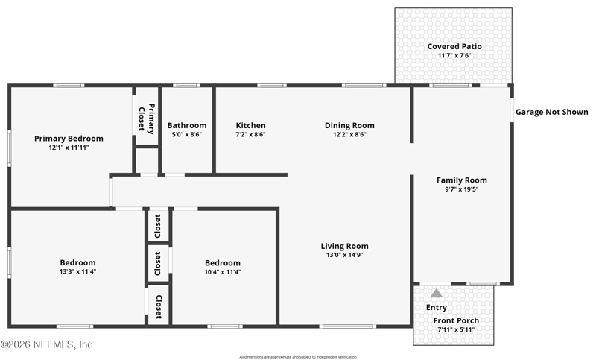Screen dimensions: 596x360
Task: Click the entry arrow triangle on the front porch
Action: click(x=437, y=293)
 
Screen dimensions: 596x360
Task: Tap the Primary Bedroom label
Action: click(x=69, y=139)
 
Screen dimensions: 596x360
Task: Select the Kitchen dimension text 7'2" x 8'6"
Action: click(x=250, y=134)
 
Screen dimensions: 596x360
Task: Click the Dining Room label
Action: click(x=349, y=125)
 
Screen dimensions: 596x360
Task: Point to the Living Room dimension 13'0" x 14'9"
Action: click(x=344, y=255)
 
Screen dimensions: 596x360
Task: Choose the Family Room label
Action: click(x=461, y=180)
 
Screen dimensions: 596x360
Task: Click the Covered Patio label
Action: click(x=454, y=46)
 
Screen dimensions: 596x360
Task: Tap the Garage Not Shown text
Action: click(x=551, y=112)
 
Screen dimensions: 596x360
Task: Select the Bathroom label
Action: click(x=187, y=125)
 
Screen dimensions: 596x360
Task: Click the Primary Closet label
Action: click(x=146, y=119)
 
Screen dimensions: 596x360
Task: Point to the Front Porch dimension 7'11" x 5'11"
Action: click(x=456, y=329)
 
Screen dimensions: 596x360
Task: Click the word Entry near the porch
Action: click(x=437, y=307)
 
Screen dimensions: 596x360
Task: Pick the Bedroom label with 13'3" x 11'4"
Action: click(x=77, y=262)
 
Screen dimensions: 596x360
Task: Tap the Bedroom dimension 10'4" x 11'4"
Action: click(x=222, y=272)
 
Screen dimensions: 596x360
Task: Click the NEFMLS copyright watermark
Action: click(x=46, y=344)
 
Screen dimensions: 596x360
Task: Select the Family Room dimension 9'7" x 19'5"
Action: click(x=461, y=189)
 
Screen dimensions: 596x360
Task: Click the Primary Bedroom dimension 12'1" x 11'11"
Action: click(x=69, y=148)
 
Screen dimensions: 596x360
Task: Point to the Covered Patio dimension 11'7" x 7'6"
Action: click(x=454, y=55)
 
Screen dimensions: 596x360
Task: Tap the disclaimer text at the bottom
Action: click(x=298, y=357)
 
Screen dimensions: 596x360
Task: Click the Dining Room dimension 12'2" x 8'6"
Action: click(x=349, y=134)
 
